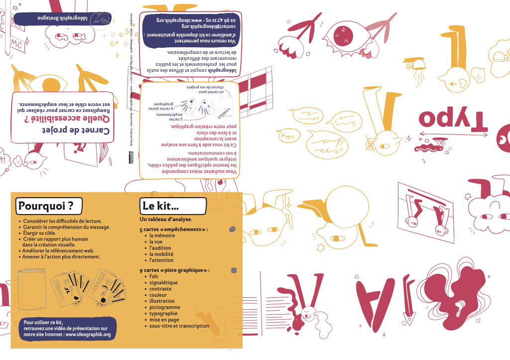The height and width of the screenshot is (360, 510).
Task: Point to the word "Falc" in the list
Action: point(154,276)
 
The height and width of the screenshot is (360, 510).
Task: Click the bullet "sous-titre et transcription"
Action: point(179,326)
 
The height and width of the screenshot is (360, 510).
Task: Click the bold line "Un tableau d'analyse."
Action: point(166,219)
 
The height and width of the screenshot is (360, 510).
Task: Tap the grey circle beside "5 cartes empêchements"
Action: point(232,230)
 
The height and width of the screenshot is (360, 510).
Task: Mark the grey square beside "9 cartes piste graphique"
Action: point(234,270)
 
